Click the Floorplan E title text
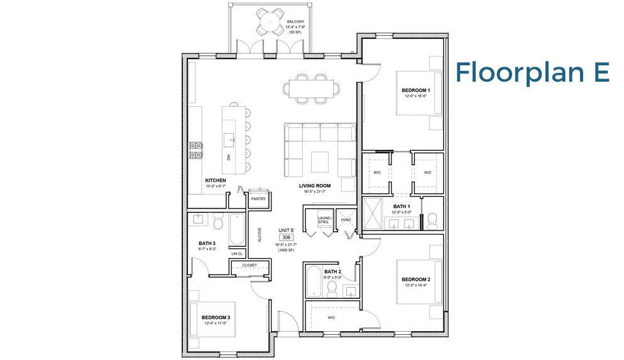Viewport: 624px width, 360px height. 532,72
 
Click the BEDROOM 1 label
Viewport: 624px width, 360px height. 415,90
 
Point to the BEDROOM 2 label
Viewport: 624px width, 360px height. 415,279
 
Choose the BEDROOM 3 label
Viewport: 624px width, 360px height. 216,317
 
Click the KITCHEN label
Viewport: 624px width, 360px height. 215,180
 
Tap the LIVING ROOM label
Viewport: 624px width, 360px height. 315,185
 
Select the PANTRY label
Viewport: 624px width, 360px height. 258,199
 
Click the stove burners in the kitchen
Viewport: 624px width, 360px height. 196,150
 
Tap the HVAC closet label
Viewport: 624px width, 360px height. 345,220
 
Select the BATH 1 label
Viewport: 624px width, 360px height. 402,206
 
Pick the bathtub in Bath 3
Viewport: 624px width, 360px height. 237,231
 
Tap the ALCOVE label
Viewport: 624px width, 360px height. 260,235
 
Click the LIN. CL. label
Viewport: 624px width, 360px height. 237,254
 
